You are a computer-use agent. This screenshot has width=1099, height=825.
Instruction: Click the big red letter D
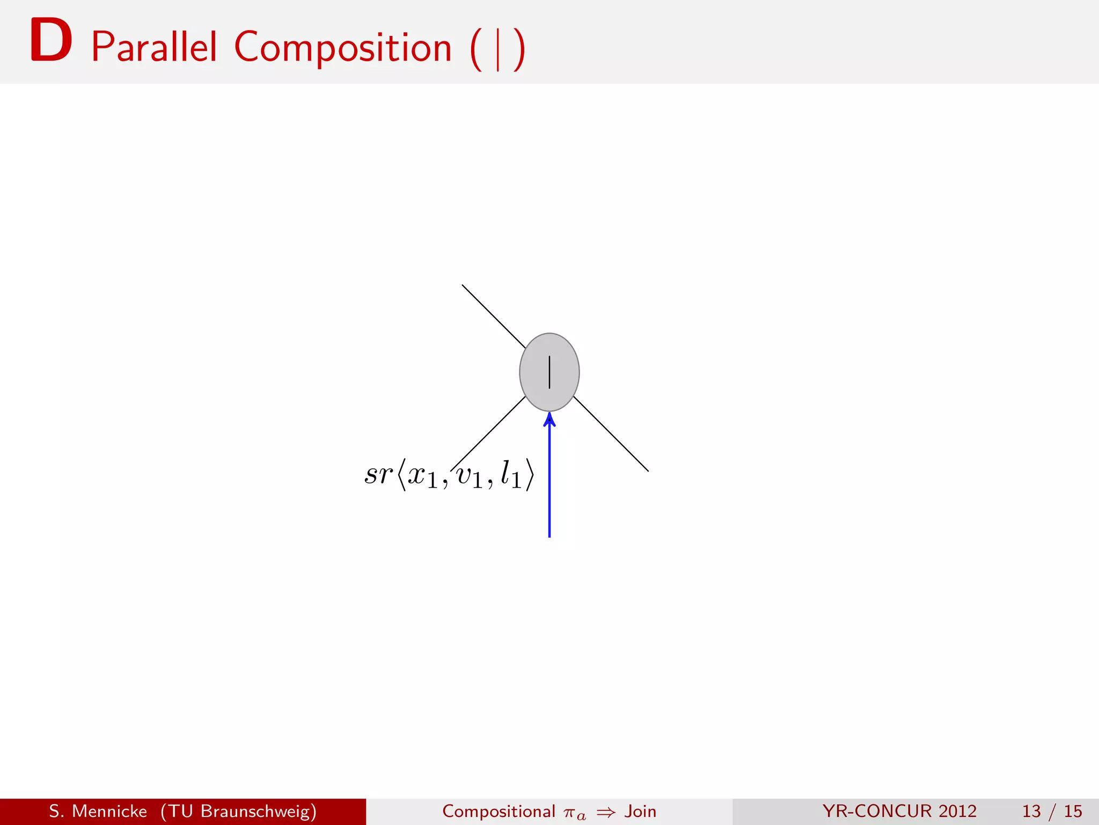51,40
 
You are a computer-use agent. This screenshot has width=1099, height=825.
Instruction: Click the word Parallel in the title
154,47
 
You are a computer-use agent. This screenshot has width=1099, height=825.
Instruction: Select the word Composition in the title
343,47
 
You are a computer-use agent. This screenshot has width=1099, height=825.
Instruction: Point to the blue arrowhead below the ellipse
549,419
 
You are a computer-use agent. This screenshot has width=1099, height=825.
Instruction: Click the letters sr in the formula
378,474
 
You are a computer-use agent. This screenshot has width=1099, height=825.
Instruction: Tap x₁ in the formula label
422,476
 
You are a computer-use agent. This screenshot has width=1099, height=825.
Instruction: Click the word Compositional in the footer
499,811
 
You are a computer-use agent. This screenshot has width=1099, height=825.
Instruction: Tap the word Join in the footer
640,811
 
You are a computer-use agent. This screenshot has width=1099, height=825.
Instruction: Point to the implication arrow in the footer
606,812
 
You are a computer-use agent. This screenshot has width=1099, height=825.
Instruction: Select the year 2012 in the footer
957,811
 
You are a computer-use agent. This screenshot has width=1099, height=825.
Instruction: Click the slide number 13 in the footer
1031,811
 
